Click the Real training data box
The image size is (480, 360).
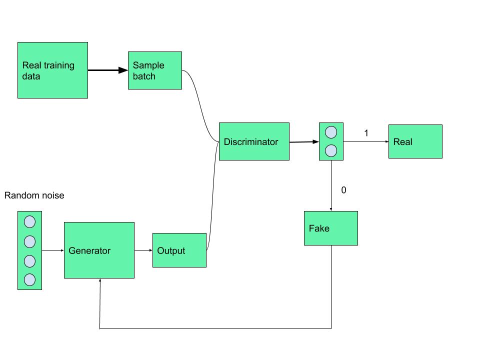click(52, 70)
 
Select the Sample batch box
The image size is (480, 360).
click(154, 70)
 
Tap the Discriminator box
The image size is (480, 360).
click(254, 141)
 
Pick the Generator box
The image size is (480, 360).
click(99, 250)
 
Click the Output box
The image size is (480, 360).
click(179, 250)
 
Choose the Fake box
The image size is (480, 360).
click(330, 228)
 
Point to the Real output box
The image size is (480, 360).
click(415, 141)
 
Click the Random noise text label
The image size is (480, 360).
click(34, 195)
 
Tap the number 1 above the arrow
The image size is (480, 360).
click(366, 133)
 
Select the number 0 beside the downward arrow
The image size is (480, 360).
click(343, 190)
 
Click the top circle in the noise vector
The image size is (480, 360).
click(29, 221)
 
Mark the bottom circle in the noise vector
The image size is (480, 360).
click(29, 279)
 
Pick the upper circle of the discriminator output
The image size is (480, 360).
click(331, 132)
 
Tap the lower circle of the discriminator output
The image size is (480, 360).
click(331, 150)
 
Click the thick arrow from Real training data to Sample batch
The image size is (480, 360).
click(107, 70)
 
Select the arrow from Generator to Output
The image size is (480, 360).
click(143, 250)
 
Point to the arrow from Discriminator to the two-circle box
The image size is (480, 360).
click(303, 142)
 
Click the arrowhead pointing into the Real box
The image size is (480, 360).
click(386, 141)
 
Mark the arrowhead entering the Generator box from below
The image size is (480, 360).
click(100, 281)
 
